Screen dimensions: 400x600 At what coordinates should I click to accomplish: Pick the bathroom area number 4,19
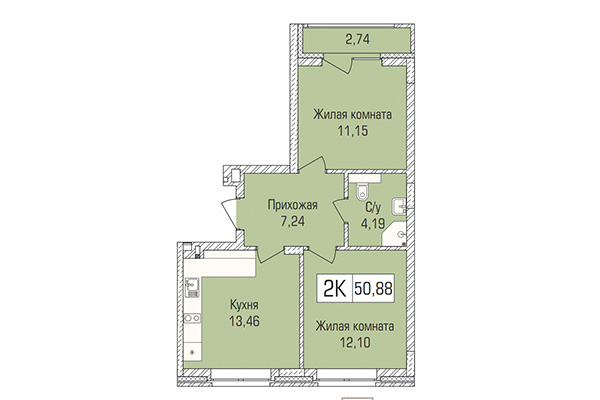tap(373, 223)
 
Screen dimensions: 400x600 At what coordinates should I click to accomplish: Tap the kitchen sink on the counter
tap(192, 290)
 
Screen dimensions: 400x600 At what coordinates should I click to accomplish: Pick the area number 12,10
tap(350, 343)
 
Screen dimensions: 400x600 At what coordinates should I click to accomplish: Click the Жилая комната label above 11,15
tap(350, 116)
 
